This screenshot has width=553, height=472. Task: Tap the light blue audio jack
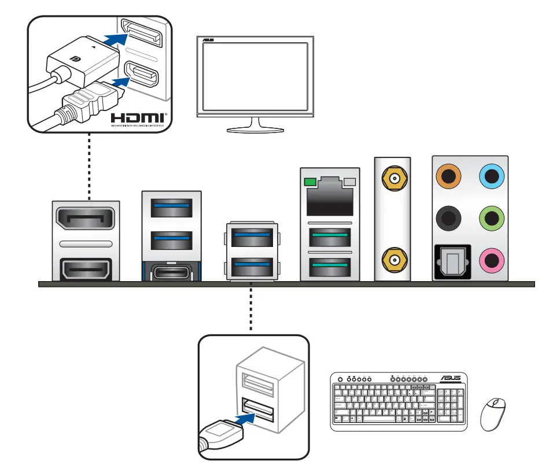pos(492,175)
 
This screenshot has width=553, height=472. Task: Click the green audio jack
pos(492,219)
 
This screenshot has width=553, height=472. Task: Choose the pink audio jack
pos(492,261)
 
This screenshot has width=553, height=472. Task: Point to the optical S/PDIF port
pos(452,261)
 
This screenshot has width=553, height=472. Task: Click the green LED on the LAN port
pos(309,183)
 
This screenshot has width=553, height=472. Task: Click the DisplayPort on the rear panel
pos(86,219)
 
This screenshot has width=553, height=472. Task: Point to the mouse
pos(493,414)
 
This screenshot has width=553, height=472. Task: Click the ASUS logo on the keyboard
pos(451,379)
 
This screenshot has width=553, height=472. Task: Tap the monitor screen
pos(254,76)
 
